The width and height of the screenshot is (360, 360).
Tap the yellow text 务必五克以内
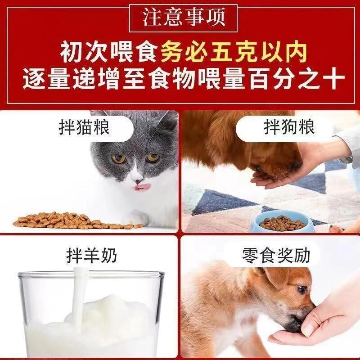tap(234, 53)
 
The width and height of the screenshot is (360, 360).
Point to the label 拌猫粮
tap(84, 128)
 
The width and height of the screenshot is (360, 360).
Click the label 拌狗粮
tap(289, 128)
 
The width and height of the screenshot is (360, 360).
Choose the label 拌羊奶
tap(92, 255)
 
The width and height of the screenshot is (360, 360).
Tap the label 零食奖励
tap(276, 255)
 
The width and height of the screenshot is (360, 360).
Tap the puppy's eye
tap(301, 289)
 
